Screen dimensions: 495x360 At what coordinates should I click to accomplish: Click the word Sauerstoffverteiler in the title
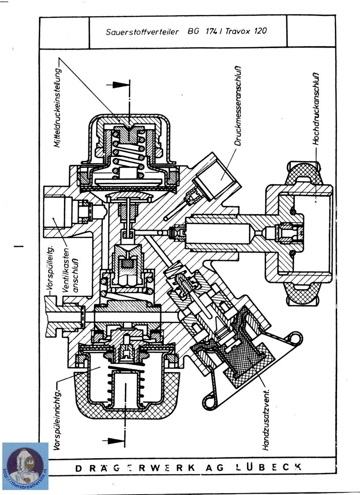142,32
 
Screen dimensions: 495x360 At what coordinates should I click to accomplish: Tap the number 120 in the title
259,32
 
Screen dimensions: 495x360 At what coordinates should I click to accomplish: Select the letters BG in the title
193,32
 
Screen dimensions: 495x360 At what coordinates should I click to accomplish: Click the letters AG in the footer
211,467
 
